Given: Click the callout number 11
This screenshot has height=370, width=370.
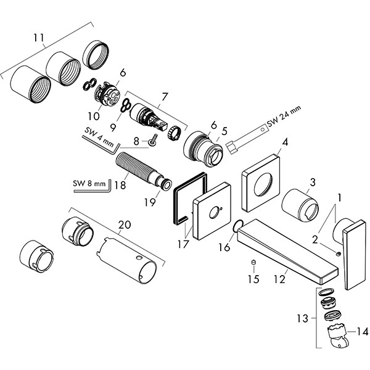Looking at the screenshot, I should pos(39,38).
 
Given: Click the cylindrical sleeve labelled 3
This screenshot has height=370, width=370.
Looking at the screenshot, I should pos(300,205).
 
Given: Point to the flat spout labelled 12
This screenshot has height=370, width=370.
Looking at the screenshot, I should pos(290,250).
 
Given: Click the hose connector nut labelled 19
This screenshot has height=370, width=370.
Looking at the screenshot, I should pos(166,184).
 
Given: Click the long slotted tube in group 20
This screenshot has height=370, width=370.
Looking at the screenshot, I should pos(132,260).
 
